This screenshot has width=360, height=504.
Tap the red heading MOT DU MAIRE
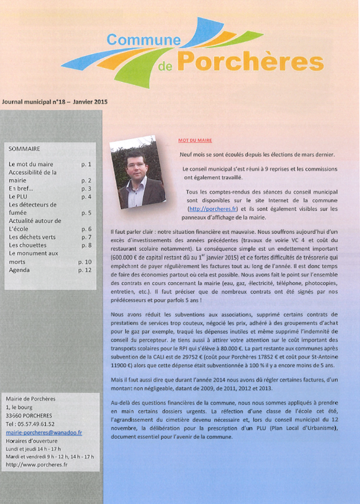(195, 141)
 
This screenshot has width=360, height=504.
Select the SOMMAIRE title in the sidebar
(24, 149)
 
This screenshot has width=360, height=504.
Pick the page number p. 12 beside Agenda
(84, 270)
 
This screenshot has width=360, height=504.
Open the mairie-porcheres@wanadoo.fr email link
(44, 433)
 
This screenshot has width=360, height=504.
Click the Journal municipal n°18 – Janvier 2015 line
(55, 101)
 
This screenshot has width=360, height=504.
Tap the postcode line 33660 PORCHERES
(32, 415)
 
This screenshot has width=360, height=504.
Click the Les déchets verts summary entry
(32, 237)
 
